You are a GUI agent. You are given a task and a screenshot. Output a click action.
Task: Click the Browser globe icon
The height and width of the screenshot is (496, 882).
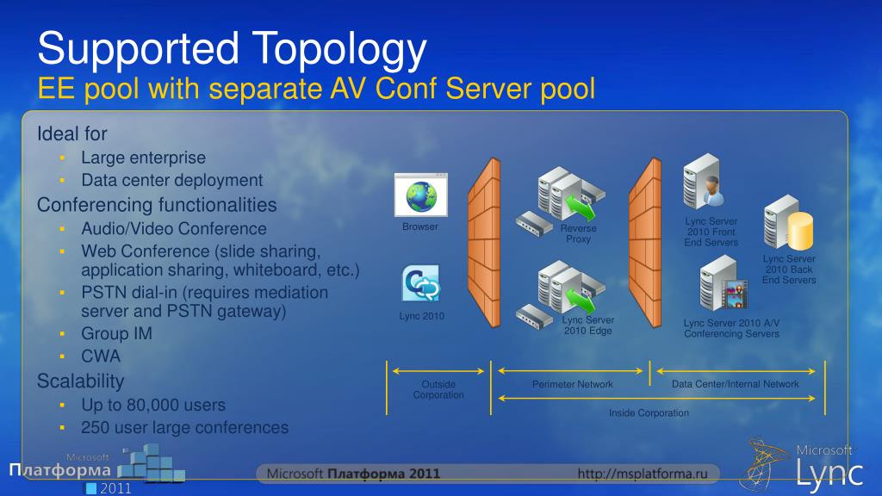[x=420, y=195]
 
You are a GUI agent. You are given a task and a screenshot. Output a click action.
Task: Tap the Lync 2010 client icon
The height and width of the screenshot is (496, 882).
[x=421, y=284]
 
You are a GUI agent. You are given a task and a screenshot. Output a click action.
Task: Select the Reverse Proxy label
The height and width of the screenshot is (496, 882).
[x=579, y=233]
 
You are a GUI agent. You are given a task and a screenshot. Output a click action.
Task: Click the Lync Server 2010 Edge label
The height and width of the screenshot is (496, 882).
[x=588, y=325]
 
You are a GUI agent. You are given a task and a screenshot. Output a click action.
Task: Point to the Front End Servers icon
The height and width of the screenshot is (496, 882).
[x=703, y=182]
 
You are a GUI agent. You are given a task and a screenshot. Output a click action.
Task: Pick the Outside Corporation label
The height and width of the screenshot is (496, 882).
[x=438, y=389]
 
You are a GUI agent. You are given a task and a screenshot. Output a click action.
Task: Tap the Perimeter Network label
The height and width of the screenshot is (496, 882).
[x=573, y=384]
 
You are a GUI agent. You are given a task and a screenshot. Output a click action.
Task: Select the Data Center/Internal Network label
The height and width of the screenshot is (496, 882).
[x=736, y=384]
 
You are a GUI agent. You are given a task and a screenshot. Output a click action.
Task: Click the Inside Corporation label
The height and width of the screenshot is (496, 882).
[x=649, y=413]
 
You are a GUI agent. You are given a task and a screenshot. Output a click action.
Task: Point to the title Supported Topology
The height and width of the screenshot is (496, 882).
[x=233, y=49]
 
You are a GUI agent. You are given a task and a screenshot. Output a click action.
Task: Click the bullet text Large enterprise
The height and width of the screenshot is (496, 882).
[x=144, y=158]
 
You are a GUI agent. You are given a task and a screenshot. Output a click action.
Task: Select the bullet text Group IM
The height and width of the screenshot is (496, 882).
[x=116, y=333]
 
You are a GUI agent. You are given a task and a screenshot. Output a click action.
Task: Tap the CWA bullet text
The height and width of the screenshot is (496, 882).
[x=101, y=356]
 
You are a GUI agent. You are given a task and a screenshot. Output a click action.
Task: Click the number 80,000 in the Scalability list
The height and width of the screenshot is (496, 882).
[x=152, y=405]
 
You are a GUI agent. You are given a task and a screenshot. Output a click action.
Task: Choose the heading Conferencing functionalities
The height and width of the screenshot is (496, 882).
[x=157, y=205]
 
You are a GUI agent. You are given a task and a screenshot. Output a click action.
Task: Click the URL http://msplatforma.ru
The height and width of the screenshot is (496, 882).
[x=647, y=474]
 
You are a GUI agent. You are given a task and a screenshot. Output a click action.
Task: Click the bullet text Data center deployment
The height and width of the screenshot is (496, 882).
[x=172, y=180]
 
